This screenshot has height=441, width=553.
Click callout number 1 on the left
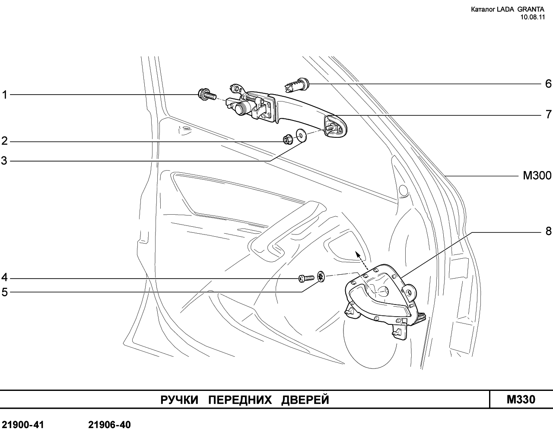[x=5, y=95]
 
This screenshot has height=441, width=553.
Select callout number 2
[x=5, y=141]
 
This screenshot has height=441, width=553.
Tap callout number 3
[x=5, y=161]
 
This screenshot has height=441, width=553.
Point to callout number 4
[x=5, y=277]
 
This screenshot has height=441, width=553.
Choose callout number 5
[x=5, y=292]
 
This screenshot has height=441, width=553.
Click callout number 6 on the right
[x=548, y=83]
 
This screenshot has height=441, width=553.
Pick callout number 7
[x=548, y=115]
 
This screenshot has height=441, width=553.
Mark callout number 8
[x=548, y=232]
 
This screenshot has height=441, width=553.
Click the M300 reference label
[x=537, y=176]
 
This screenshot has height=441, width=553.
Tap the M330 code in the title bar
[x=521, y=400]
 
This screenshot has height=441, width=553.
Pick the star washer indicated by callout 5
[x=321, y=276]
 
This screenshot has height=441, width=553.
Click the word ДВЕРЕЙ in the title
[x=305, y=400]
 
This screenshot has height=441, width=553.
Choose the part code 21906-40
[x=109, y=425]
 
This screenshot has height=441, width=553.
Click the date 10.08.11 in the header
[x=533, y=17]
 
